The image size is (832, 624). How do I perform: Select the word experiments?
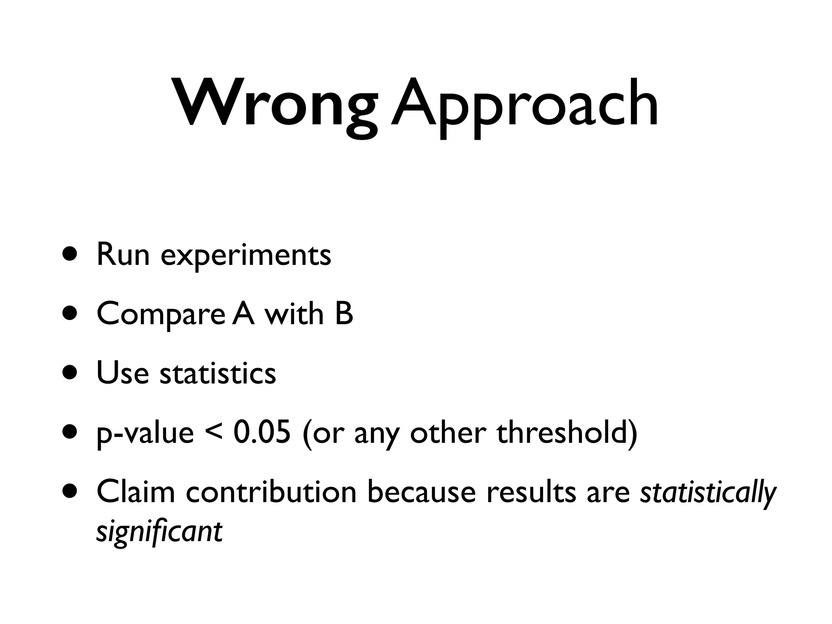point(246,256)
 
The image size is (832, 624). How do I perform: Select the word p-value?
point(145,433)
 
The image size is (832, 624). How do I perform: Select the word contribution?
point(271,491)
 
